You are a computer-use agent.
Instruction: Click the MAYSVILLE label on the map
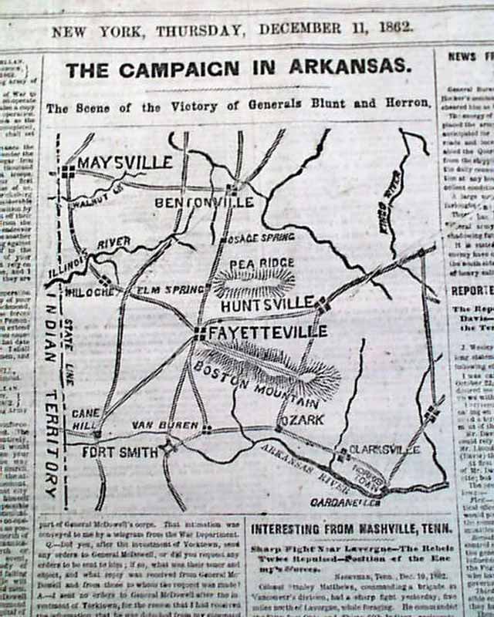124,163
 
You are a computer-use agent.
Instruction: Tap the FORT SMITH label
120,453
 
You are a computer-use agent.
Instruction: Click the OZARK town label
302,420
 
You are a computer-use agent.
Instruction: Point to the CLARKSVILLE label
377,447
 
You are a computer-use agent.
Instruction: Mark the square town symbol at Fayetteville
200,333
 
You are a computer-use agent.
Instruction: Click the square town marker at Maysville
68,171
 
